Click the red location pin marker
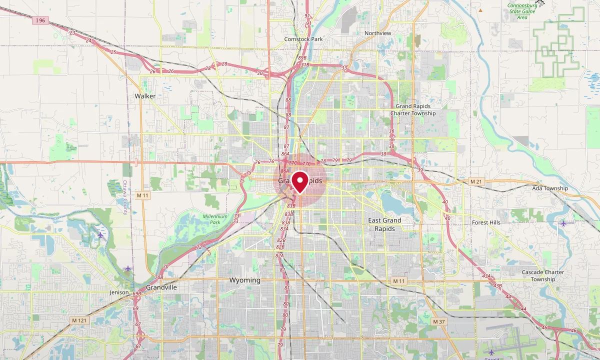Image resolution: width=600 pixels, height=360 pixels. tap(300, 181)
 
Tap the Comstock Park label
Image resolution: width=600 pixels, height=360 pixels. tap(303, 39)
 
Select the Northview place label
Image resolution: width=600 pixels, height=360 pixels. tap(377, 33)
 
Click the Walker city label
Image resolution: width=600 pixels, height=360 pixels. tap(145, 96)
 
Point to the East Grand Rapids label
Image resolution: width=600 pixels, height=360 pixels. tap(384, 224)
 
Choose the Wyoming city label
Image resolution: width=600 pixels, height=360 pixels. tap(244, 280)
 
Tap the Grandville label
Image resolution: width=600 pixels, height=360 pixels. tap(161, 287)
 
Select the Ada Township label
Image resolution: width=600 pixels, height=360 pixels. tap(550, 188)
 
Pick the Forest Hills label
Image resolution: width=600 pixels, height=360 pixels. tap(486, 222)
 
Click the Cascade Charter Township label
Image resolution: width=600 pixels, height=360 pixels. tap(542, 276)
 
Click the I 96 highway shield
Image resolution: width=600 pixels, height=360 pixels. tap(41, 20)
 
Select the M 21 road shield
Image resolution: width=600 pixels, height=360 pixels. tap(475, 181)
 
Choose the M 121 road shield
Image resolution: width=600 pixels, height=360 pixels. tap(79, 320)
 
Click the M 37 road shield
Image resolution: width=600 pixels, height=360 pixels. tap(438, 321)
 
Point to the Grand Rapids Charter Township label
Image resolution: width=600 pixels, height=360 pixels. tap(415, 109)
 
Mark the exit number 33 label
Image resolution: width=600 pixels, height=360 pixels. tap(344, 68)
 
